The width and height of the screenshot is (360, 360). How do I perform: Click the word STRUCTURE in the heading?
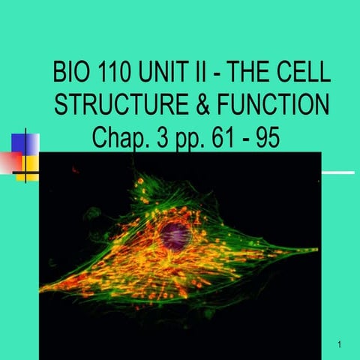tap(121, 105)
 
